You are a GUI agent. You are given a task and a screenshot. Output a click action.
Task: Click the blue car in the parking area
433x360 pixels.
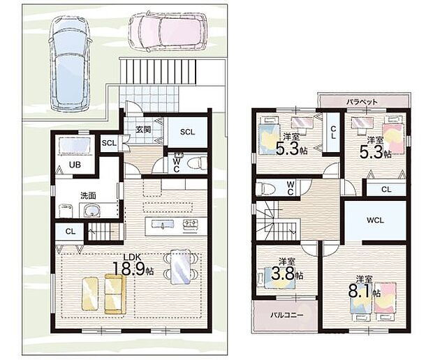coord(70,63)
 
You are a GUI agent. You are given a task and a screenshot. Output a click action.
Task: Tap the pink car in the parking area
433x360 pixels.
coord(168,31)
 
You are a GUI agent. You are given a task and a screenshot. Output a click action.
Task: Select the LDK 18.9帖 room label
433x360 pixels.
coord(133,265)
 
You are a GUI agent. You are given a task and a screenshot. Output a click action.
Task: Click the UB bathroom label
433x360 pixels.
coord(75,165)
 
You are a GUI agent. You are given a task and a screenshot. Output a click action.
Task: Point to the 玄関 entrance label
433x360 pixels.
coord(144,129)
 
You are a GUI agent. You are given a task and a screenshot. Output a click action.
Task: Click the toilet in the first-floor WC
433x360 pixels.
coord(197,163)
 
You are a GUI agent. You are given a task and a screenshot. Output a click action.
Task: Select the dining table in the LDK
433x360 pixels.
coord(181,267)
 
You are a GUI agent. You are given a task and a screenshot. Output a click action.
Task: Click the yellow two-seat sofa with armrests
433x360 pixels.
coord(115,294)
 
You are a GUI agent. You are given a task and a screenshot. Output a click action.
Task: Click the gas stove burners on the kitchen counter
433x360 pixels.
coord(190,223)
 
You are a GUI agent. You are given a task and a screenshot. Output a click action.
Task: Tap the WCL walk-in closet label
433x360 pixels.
coord(375,220)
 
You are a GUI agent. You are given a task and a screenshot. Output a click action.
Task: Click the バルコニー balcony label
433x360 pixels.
coord(286,315)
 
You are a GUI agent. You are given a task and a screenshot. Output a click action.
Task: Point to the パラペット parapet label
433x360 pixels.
coord(362,102)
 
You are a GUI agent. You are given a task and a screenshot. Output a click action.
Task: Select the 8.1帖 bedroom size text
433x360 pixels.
coord(364,292)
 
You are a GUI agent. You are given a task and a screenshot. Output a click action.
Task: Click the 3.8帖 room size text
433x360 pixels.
coord(287,274)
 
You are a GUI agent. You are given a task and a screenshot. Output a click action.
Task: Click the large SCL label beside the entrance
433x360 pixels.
coord(187,132)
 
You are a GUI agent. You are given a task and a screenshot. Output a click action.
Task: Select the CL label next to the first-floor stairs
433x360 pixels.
coord(70,232)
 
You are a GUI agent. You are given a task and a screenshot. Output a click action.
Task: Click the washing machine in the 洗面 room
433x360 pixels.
coord(66,211)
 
